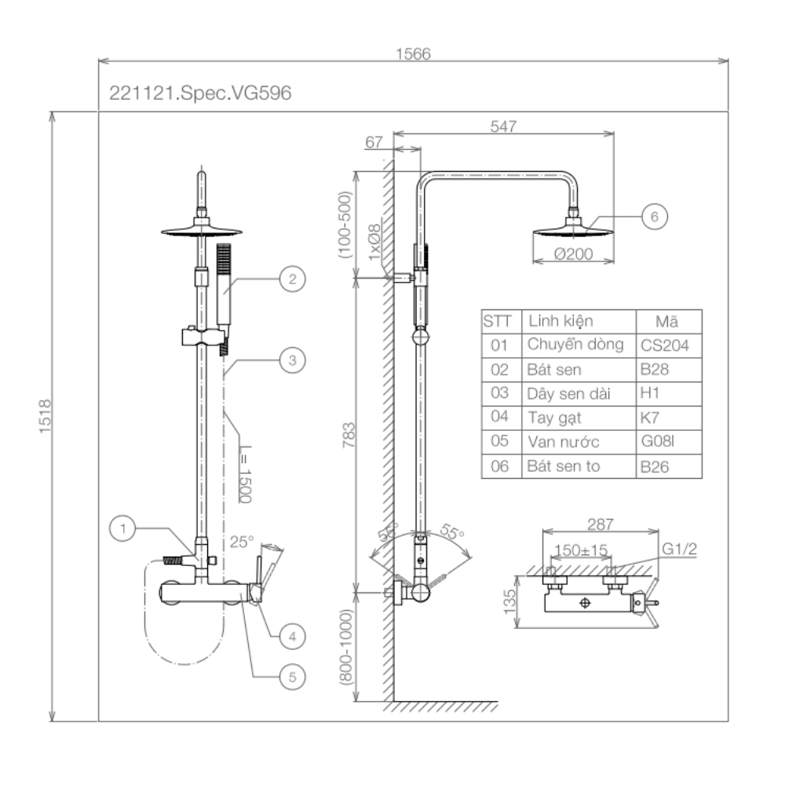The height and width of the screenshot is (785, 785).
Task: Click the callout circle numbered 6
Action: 654,217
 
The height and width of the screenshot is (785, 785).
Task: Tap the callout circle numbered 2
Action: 291,279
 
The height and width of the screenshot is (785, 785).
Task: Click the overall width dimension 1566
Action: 414,53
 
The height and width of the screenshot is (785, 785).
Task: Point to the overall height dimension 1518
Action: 44,416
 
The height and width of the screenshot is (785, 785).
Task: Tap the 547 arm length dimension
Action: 502,126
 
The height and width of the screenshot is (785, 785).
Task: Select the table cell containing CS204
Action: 668,345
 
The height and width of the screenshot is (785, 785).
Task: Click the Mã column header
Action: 668,321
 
